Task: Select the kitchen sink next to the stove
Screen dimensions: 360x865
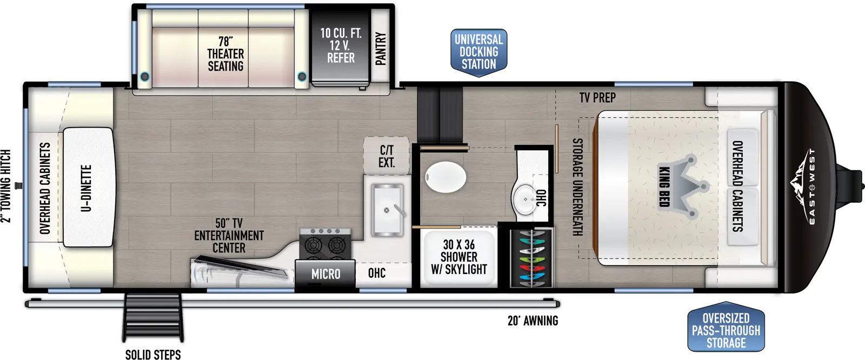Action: [387, 210]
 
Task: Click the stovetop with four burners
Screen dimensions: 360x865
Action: [325, 244]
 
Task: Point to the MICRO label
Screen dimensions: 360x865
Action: [325, 275]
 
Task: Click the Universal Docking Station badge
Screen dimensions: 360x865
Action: [478, 52]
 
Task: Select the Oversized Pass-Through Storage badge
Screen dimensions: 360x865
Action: [726, 330]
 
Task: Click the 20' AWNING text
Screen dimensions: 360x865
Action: [533, 321]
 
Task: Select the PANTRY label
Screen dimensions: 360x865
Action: [381, 49]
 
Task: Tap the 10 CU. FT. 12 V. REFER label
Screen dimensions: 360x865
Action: [341, 45]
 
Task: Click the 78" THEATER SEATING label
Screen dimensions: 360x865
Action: [225, 54]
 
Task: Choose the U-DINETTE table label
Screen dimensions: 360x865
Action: [86, 188]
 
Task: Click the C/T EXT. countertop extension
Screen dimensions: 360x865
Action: [386, 156]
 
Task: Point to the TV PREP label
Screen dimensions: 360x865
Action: [597, 98]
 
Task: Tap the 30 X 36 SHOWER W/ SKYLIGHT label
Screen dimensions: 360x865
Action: [458, 257]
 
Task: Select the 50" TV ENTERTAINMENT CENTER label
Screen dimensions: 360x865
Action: [229, 236]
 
